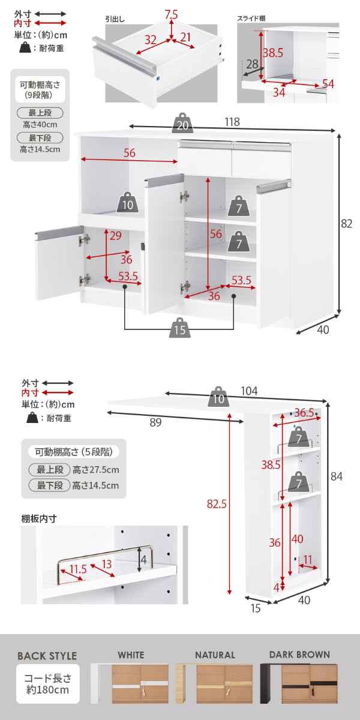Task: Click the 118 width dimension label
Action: (232, 122)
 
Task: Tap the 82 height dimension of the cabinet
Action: (347, 224)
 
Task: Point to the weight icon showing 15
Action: (179, 328)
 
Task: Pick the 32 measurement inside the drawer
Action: (151, 40)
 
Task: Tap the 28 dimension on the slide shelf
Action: (251, 64)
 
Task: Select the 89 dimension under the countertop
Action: (155, 422)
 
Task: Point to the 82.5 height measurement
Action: (220, 505)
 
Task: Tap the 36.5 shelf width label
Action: (304, 412)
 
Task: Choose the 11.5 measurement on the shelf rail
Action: (77, 569)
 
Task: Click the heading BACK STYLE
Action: (47, 656)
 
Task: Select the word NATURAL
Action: (215, 655)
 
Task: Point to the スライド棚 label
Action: (251, 19)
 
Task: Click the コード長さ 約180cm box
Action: (47, 684)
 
